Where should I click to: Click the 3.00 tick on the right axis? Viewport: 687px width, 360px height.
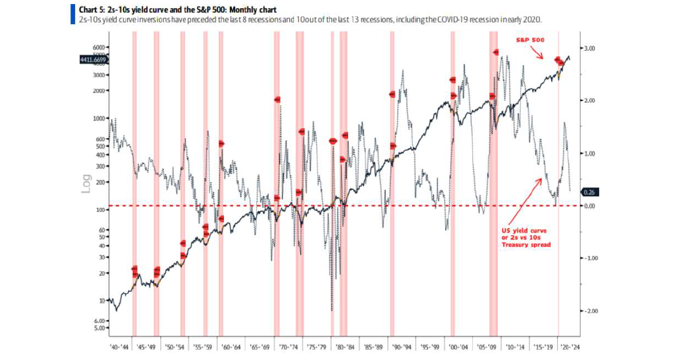tap(591, 48)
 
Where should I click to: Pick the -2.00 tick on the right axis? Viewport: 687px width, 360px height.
tap(591, 311)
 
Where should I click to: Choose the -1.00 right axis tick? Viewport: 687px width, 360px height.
tap(591, 258)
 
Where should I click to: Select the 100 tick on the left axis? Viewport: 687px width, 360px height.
tap(102, 209)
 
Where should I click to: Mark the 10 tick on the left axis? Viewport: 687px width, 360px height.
tap(103, 301)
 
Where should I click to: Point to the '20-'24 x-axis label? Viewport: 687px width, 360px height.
tap(572, 347)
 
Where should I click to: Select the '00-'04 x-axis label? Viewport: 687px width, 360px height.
tap(459, 347)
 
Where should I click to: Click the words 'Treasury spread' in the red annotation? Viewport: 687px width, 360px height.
tap(527, 245)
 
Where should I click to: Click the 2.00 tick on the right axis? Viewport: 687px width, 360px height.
tap(591, 100)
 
